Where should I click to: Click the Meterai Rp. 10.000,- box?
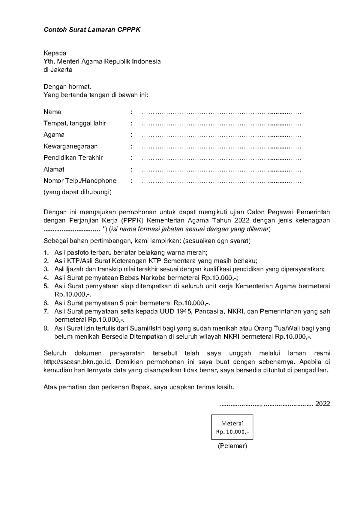(232, 427)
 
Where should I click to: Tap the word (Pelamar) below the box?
(232, 446)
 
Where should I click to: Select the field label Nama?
(52, 112)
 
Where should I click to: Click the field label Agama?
(54, 135)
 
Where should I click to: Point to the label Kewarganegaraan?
(70, 146)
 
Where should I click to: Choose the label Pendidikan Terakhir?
(73, 158)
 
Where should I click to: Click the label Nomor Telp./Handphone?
(80, 181)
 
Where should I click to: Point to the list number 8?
(46, 328)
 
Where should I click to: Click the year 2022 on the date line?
(322, 403)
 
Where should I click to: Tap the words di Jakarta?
(58, 70)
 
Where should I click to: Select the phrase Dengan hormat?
(67, 87)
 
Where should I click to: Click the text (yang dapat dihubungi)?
(77, 192)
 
